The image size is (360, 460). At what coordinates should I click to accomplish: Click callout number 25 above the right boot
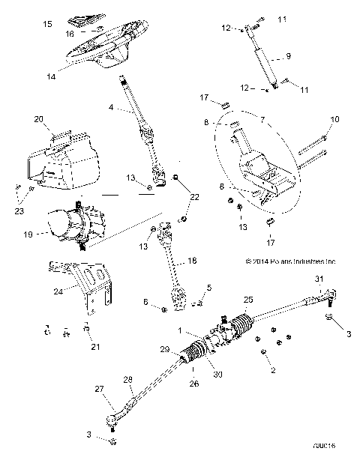(x=248, y=300)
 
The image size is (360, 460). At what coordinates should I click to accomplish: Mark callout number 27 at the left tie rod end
(x=99, y=389)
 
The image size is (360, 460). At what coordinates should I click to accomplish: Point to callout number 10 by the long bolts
(x=334, y=118)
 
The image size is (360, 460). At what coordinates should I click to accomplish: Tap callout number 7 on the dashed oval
(x=262, y=118)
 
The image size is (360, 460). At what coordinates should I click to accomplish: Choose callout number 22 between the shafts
(x=196, y=196)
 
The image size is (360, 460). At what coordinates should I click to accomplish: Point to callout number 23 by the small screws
(x=18, y=212)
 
